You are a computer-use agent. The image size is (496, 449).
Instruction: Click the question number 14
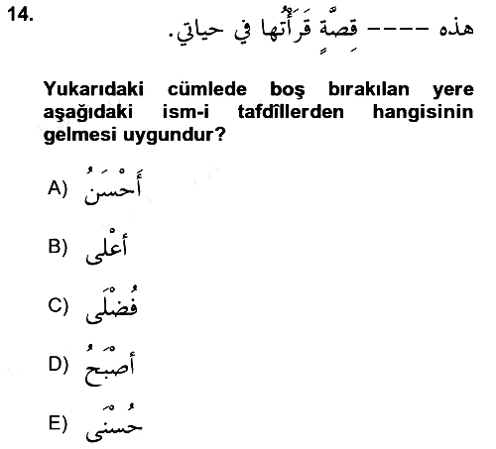point(20,15)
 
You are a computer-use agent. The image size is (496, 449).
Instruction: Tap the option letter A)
point(58,188)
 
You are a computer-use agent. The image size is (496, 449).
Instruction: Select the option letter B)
point(58,247)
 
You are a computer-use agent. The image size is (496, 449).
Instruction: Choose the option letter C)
point(58,305)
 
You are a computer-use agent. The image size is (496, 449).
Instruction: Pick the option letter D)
point(59,365)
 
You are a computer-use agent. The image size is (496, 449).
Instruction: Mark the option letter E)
point(58,423)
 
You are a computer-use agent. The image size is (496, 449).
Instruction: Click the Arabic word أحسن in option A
point(113,186)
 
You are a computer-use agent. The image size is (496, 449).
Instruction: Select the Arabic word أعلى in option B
point(106,247)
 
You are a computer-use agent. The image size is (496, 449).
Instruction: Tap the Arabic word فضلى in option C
point(112,304)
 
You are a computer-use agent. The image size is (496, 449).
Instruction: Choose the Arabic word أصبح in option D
point(110,366)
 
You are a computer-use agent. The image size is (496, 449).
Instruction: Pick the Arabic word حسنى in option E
point(114,423)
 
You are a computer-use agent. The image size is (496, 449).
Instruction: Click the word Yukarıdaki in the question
point(93,89)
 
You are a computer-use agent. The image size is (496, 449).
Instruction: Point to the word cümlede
point(207,89)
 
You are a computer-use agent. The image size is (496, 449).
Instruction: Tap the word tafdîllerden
point(291,111)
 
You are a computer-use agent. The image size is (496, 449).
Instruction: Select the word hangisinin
point(424,112)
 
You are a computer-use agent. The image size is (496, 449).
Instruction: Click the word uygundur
point(175,135)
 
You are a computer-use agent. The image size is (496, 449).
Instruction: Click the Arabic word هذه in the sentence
point(456,27)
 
